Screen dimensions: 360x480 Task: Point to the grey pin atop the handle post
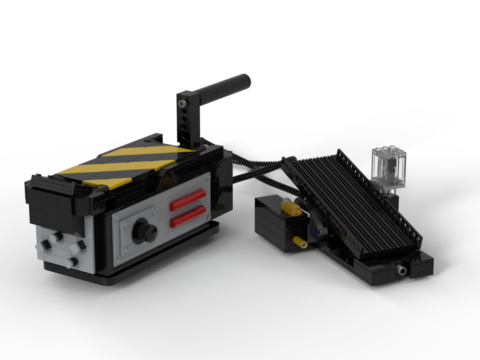pyautogui.click(x=181, y=102)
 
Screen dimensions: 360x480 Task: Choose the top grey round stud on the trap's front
pyautogui.click(x=58, y=237)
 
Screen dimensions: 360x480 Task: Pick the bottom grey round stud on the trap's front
pyautogui.click(x=72, y=263)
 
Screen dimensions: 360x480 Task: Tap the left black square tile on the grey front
pyautogui.click(x=46, y=245)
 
